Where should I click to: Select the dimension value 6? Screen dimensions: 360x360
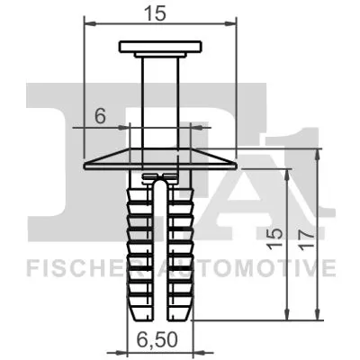101,114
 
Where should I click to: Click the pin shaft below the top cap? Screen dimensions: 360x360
161,99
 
